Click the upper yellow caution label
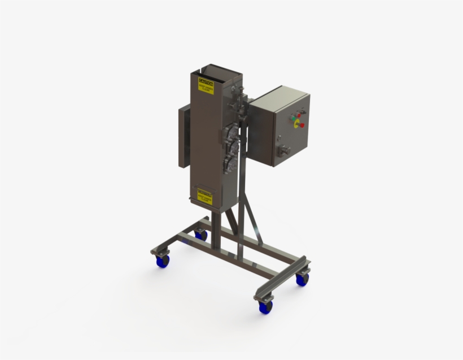tap(206, 85)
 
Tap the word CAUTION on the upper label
tap(206, 81)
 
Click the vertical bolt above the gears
tap(241, 90)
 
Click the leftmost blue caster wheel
tap(163, 261)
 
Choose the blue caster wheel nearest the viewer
tap(264, 306)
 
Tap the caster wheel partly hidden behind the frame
tap(201, 234)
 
